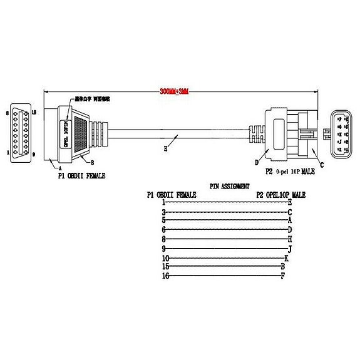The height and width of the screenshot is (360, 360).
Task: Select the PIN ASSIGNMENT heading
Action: tap(229, 186)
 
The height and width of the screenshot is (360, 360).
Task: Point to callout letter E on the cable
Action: tap(165, 148)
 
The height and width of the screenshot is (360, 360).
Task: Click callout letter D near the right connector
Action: tap(256, 163)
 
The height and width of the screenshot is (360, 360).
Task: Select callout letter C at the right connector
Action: tap(321, 165)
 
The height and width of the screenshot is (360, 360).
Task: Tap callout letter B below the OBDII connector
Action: tap(92, 163)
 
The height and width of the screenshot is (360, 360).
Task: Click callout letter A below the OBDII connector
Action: tap(59, 168)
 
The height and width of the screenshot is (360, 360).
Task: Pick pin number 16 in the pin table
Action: tap(165, 276)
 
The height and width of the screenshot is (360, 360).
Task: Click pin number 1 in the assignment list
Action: tap(163, 203)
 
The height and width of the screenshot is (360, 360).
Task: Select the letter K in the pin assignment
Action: tap(286, 258)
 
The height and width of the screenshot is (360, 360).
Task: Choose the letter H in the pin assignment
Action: tap(290, 240)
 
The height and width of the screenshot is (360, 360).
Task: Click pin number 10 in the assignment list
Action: tap(165, 258)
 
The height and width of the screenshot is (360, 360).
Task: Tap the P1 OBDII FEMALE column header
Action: tap(171, 195)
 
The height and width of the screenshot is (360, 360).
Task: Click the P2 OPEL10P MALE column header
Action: tap(281, 195)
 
